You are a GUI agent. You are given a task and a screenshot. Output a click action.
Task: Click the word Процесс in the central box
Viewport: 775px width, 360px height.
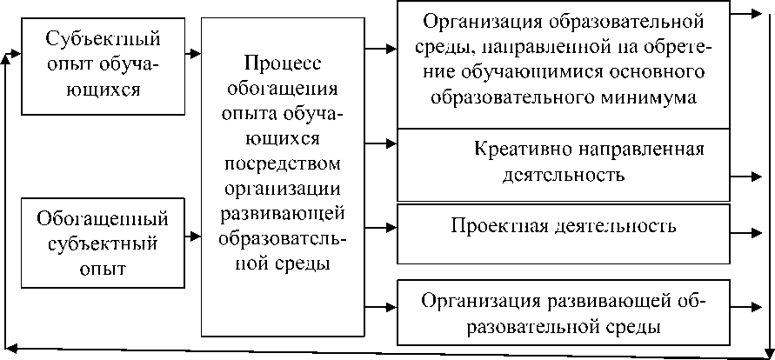point(282,65)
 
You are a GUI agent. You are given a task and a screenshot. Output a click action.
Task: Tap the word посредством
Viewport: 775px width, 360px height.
point(282,164)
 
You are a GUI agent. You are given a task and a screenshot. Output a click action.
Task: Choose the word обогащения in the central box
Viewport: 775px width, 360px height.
point(282,90)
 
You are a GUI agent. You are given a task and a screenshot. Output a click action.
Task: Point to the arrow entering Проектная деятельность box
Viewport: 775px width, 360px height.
point(384,229)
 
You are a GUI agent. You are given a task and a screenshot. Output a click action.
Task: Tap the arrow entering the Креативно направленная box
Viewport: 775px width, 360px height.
point(384,141)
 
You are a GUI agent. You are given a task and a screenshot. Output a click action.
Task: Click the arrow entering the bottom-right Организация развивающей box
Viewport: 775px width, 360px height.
point(384,304)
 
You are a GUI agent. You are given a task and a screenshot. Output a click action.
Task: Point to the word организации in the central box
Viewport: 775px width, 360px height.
point(282,189)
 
